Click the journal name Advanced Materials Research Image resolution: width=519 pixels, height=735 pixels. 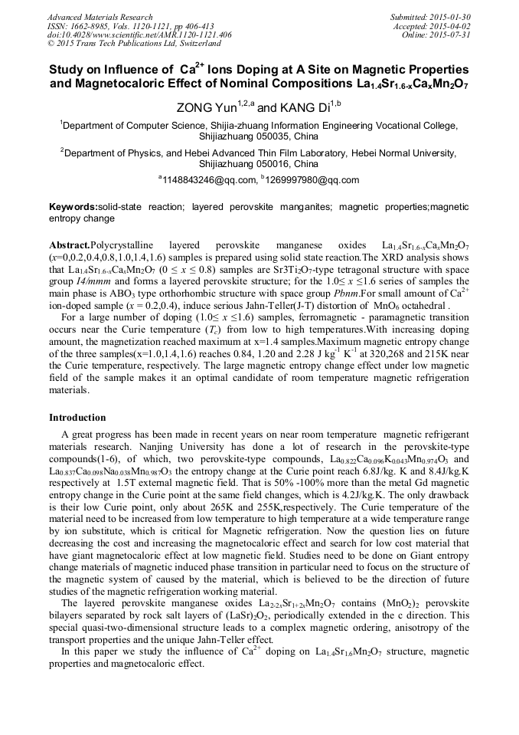100,17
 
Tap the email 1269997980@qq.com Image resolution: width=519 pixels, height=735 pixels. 314,181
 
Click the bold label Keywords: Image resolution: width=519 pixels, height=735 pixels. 73,207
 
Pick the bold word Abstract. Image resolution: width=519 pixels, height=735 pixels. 69,244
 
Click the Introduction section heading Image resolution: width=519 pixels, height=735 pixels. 77,418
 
